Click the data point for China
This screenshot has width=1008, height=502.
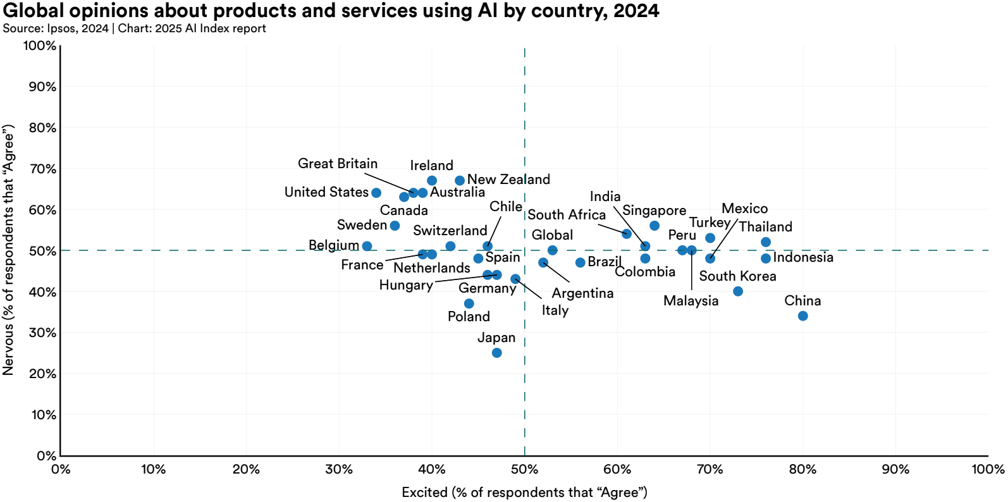tap(802, 316)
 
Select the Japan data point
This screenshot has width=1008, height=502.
tap(496, 353)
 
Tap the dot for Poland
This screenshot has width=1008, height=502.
tap(469, 303)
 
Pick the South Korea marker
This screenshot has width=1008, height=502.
tap(737, 291)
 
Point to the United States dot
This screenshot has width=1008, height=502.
tap(376, 193)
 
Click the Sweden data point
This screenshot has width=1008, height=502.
tap(395, 226)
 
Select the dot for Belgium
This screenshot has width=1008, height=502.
tap(367, 246)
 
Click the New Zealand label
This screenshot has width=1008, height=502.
tap(508, 180)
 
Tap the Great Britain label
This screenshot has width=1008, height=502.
tap(338, 164)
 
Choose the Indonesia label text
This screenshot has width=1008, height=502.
tap(803, 257)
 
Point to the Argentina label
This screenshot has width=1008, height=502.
tap(582, 293)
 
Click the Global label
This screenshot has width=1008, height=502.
tap(552, 235)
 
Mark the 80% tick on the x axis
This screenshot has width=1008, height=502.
tap(802, 469)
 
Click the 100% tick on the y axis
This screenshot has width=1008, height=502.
tap(40, 46)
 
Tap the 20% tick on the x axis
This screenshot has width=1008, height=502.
tap(246, 469)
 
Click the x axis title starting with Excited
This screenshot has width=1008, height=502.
tap(524, 493)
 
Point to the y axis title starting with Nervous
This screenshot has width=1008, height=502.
tap(8, 250)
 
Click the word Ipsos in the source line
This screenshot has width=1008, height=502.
tap(61, 28)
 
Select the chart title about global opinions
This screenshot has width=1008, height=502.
tap(331, 11)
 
